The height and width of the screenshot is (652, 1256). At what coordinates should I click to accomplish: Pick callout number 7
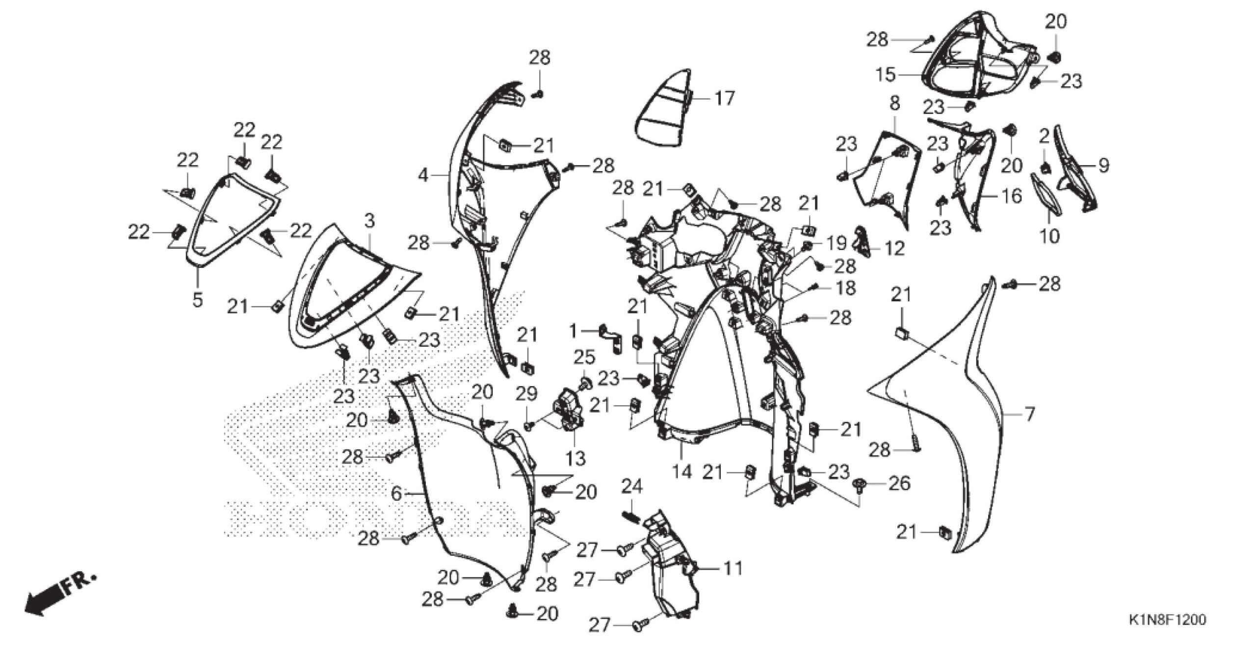point(1029,414)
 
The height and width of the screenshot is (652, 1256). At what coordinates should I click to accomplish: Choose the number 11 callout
point(734,568)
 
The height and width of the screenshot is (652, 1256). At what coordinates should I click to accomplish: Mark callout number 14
point(681,472)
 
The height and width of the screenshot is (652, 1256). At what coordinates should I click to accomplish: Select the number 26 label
point(899,484)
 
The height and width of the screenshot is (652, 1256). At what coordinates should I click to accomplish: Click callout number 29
point(526,393)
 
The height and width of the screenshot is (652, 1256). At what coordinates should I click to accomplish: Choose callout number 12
point(895,249)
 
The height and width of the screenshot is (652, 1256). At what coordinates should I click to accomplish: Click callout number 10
point(1049,236)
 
